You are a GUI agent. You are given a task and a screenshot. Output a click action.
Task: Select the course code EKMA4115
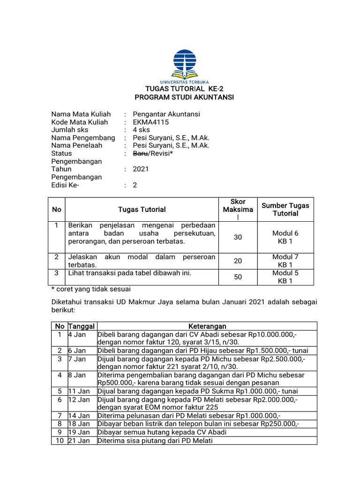(150, 122)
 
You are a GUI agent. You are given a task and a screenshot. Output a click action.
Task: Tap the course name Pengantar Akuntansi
(166, 114)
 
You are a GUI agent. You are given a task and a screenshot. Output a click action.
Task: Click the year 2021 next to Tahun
(141, 169)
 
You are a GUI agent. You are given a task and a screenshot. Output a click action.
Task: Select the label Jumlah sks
(70, 130)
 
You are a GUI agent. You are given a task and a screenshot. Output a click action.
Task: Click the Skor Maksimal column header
(238, 210)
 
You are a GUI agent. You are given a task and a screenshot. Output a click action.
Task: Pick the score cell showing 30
(238, 238)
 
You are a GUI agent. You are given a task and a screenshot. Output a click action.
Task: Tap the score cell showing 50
(238, 277)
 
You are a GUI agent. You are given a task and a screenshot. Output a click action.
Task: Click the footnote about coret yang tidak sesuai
(90, 289)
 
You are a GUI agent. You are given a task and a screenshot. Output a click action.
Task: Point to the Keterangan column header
(207, 326)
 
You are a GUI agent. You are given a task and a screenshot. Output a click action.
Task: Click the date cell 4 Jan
(77, 335)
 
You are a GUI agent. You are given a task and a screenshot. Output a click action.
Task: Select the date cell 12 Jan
(79, 399)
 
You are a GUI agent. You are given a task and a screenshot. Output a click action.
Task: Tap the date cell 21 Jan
(79, 441)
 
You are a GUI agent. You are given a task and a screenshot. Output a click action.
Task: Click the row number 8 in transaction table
(60, 424)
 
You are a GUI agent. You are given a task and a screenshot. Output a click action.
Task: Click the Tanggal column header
(82, 326)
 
